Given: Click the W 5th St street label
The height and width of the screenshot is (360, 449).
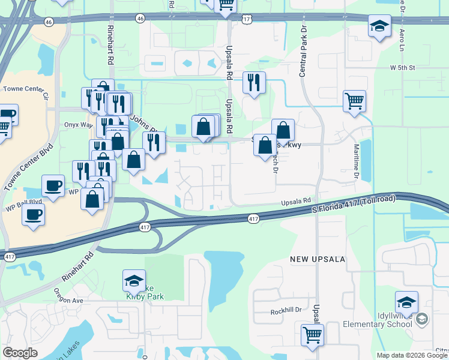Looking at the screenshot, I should [402, 68].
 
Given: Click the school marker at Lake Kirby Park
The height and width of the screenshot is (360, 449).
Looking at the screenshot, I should [134, 281].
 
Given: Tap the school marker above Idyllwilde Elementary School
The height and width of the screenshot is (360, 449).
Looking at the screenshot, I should [406, 303].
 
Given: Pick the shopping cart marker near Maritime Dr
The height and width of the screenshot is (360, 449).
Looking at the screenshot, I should [355, 101].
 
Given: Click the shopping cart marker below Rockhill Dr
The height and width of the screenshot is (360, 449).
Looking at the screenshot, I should [312, 335].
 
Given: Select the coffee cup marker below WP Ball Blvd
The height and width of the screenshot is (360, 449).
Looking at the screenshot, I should [34, 214].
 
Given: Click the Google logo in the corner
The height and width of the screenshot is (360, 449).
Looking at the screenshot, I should [20, 353].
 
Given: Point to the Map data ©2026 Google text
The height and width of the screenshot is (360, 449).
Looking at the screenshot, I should [412, 355].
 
